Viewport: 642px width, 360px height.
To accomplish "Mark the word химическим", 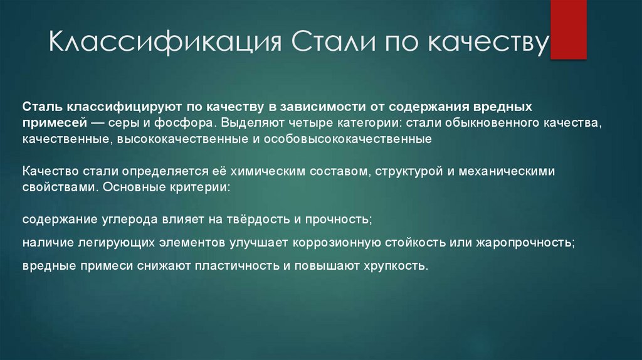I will [x=270, y=171].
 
